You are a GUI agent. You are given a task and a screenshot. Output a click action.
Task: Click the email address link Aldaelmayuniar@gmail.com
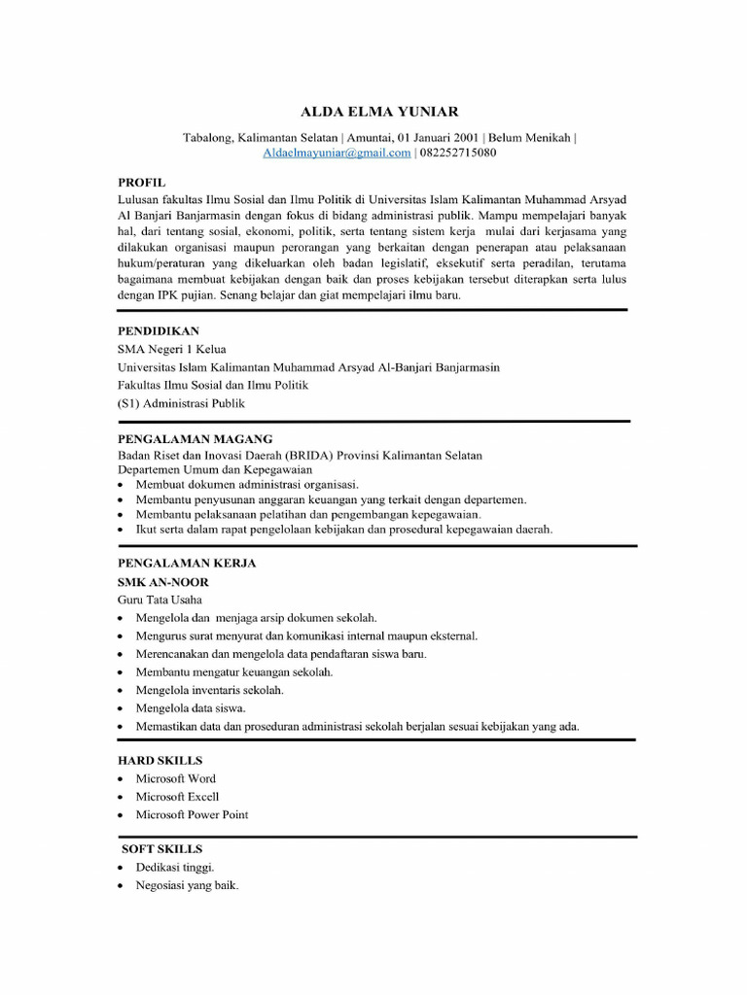coord(337,153)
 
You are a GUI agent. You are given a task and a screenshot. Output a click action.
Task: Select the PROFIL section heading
coord(142,182)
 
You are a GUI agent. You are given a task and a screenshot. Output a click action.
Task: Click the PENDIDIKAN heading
coord(159,330)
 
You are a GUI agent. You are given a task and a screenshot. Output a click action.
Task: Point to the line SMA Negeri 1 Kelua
coord(171,349)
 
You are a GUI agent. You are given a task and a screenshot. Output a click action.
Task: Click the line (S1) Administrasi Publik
coord(181,403)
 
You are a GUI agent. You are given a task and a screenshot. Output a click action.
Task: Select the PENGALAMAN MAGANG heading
coord(195,438)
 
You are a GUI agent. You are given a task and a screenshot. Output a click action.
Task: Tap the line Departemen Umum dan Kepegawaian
coord(215,469)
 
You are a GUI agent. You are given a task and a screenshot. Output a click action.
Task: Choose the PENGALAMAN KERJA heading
coord(187,563)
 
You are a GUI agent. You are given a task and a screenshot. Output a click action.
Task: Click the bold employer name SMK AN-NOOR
coord(162,581)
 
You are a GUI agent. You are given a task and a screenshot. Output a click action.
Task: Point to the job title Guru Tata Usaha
coord(160,600)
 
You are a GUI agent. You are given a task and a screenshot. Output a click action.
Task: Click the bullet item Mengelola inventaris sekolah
coord(209,690)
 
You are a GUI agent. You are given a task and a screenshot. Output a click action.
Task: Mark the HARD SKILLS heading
coord(160,760)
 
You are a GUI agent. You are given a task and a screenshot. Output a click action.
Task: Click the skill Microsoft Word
coord(176,778)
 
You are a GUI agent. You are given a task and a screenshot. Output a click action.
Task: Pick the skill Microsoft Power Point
coord(192,814)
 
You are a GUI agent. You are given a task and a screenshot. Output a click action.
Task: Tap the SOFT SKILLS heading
coord(161,848)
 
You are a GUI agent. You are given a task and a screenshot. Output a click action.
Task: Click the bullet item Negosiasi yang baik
coord(187,885)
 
